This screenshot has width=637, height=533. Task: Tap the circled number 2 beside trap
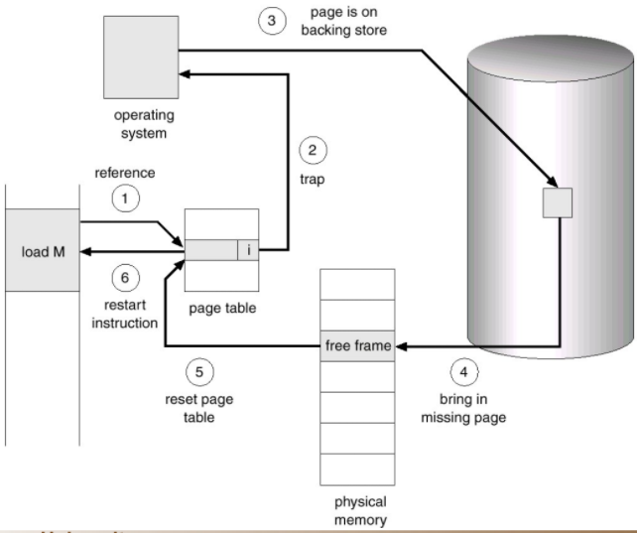314,152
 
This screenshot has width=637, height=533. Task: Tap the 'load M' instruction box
43,250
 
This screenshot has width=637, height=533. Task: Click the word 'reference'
125,173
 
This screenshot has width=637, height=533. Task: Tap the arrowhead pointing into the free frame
402,346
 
